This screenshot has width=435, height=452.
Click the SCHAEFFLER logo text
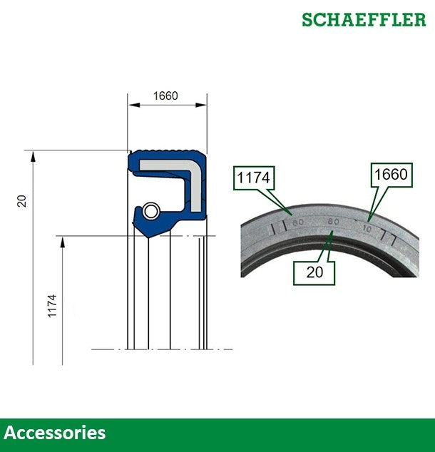point(364,19)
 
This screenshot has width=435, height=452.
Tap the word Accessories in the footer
point(55,433)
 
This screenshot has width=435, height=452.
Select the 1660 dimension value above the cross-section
point(165,96)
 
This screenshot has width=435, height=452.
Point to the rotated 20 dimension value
point(22,201)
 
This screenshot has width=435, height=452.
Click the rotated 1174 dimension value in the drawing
point(52,306)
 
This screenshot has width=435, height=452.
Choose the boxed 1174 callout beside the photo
point(254,178)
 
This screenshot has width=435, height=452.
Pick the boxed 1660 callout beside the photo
point(391,175)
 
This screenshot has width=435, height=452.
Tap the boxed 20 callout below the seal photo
point(314,272)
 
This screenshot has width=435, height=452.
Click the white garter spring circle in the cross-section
point(150,211)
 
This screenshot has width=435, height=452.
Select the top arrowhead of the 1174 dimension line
point(63,241)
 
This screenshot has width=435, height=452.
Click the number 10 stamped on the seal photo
point(367,229)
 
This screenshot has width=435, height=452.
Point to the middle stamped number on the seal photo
point(333,222)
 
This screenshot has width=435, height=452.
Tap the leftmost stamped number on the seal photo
point(298,222)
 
